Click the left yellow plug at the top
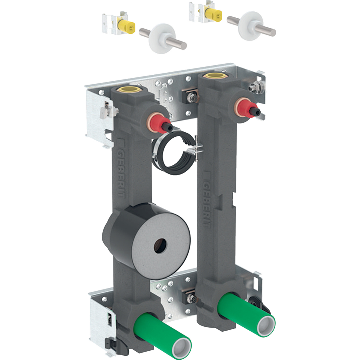(127, 27)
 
